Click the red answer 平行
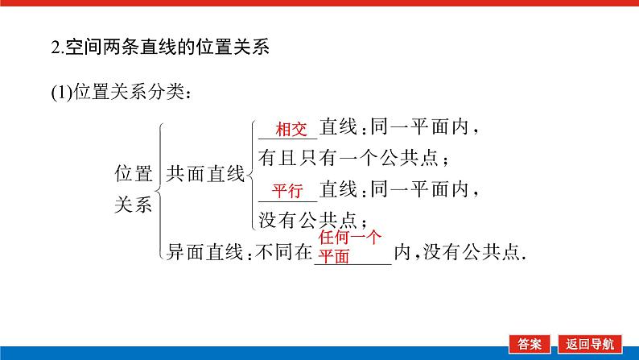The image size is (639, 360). (x=287, y=191)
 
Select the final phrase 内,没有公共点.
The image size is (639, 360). (x=457, y=253)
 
